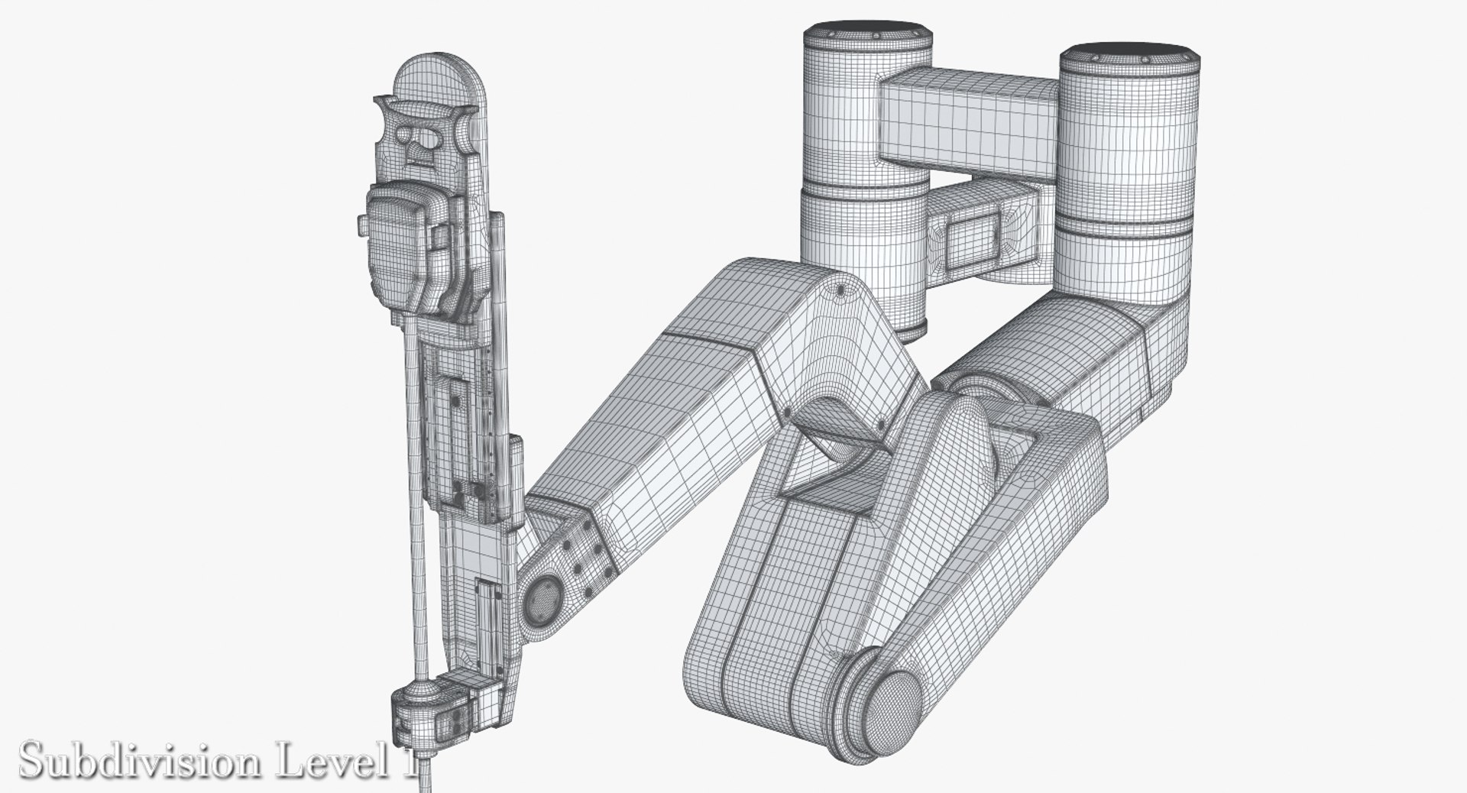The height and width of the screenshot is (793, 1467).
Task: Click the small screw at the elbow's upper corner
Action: click(x=841, y=290)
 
